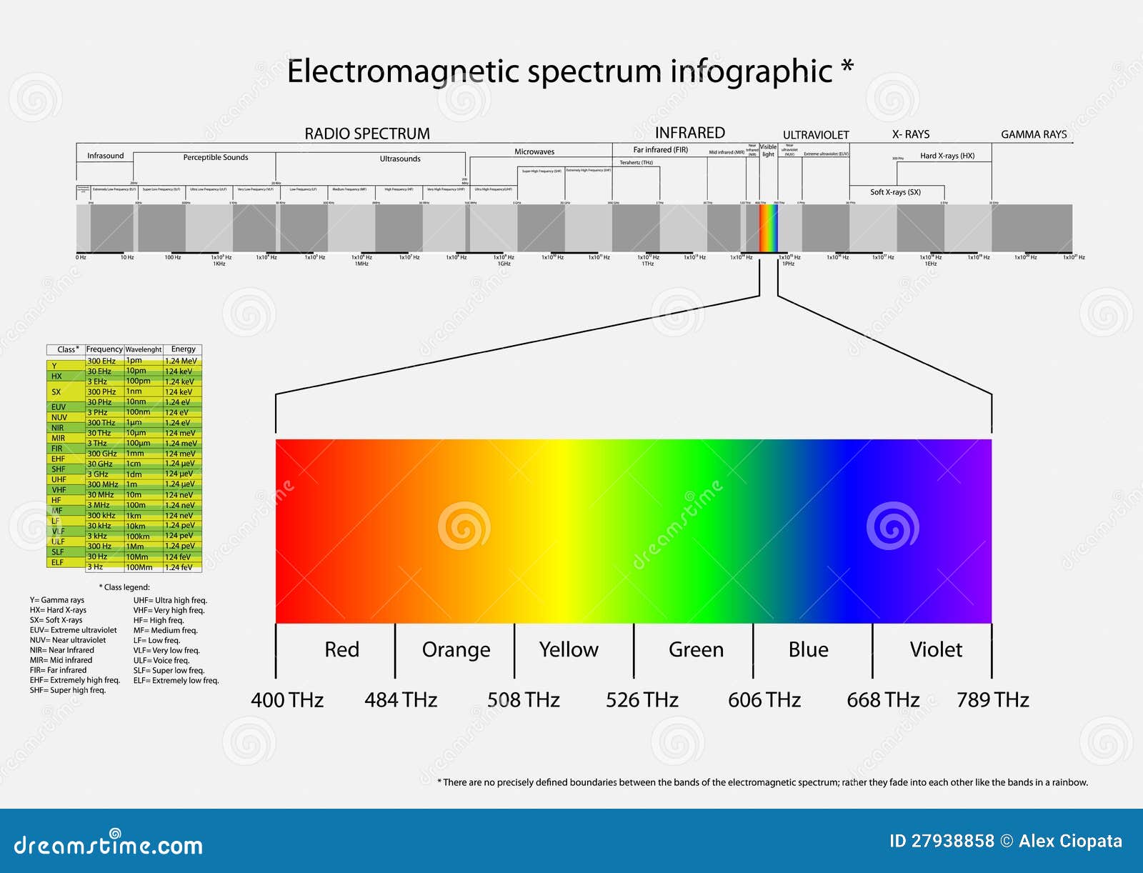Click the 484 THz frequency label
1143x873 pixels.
(x=401, y=699)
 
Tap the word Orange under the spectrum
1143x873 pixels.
(x=456, y=649)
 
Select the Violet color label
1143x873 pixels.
(x=935, y=649)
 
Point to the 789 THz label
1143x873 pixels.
(x=992, y=699)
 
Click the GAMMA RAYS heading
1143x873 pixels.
(x=1033, y=134)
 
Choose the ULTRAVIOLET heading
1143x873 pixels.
(x=815, y=135)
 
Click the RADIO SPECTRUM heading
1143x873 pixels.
(x=367, y=134)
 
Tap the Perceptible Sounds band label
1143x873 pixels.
(x=216, y=157)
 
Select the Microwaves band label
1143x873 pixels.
(x=534, y=151)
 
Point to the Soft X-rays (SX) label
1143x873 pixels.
(x=895, y=192)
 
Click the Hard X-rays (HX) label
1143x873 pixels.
(x=947, y=156)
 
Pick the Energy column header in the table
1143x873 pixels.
(x=183, y=349)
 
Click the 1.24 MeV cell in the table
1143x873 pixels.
(x=181, y=361)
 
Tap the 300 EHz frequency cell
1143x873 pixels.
(x=101, y=361)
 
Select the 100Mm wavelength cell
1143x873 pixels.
(x=139, y=567)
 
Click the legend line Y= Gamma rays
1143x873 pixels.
(x=57, y=600)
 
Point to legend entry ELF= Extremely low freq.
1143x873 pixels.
(x=176, y=680)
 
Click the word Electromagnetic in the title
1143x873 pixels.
(x=404, y=71)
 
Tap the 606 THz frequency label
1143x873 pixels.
(x=764, y=699)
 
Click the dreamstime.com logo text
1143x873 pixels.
(x=108, y=845)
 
